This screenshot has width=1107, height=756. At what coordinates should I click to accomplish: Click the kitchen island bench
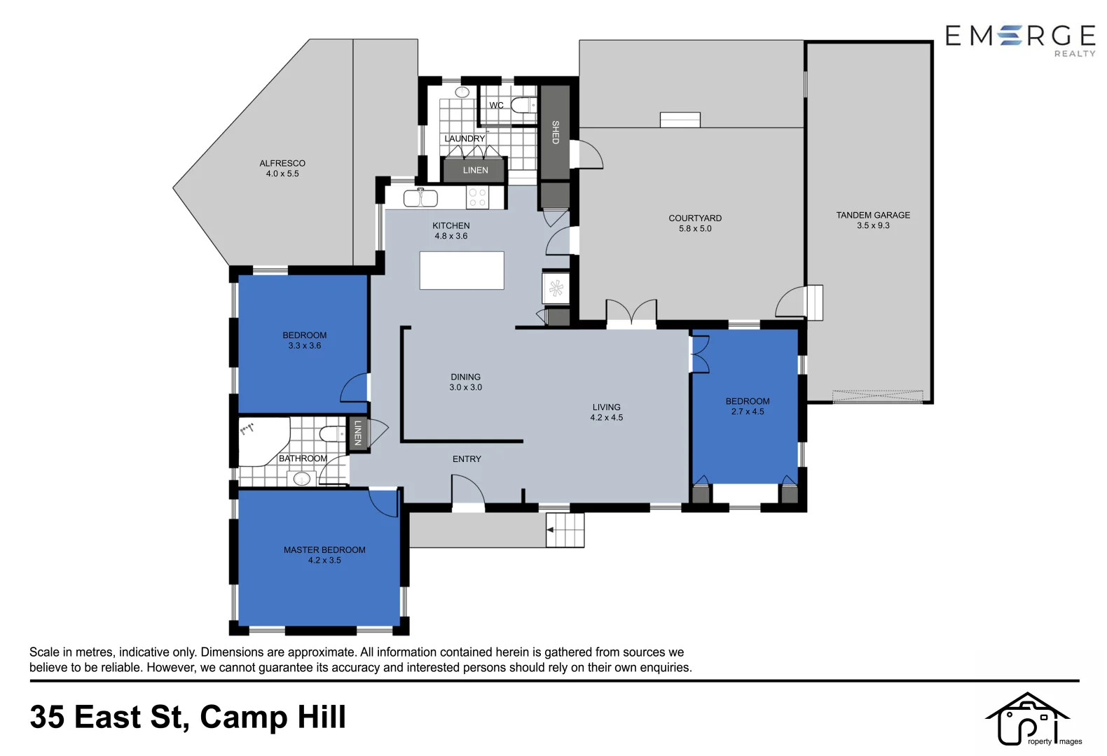pos(462,270)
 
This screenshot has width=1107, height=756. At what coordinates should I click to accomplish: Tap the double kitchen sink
pos(420,199)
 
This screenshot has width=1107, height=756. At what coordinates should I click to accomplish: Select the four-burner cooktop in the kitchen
pos(477,198)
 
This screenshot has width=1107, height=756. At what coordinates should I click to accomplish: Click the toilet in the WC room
pos(522,106)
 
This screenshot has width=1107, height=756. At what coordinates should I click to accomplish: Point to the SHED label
pos(555,132)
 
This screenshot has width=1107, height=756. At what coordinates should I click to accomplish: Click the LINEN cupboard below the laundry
pos(475,170)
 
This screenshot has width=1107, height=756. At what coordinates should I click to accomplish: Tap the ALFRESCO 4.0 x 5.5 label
pos(282,168)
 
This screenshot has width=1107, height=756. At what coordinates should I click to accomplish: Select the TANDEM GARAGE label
pos(873,215)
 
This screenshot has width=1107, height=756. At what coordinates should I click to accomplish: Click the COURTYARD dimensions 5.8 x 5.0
pos(695,229)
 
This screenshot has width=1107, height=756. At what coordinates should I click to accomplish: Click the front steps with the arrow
pos(565,530)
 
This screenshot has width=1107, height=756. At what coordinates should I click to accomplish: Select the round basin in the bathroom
pos(302,479)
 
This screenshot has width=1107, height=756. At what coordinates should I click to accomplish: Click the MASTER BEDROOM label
pos(324,550)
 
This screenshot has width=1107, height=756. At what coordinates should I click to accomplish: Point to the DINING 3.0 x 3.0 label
pos(466,381)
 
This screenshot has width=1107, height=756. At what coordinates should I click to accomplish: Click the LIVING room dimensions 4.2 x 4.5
pos(607,418)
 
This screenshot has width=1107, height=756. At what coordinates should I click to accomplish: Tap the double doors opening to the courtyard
pos(631,312)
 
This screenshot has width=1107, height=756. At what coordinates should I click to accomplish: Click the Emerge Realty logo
pos(1020,38)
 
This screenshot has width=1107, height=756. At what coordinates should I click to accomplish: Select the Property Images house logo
pos(1028,719)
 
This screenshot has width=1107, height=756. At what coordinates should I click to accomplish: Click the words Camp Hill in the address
pos(273,717)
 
